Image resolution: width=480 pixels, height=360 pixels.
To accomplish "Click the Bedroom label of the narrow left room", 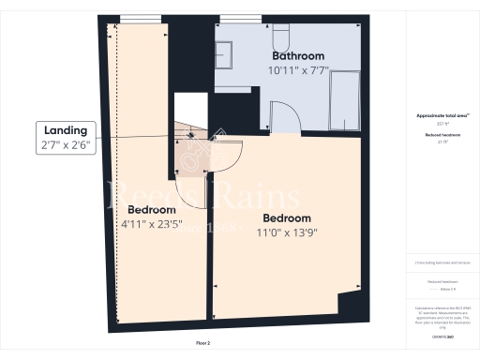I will [x=151, y=209].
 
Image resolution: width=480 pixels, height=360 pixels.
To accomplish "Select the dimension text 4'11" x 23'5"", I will [x=151, y=224].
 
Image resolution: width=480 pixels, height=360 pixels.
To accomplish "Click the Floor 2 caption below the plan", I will [x=203, y=344].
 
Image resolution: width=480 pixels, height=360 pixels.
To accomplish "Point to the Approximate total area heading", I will [x=436, y=115].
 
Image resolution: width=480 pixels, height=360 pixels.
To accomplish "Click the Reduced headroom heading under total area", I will [x=436, y=135].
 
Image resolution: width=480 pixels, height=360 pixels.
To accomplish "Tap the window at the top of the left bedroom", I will [x=141, y=20].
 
